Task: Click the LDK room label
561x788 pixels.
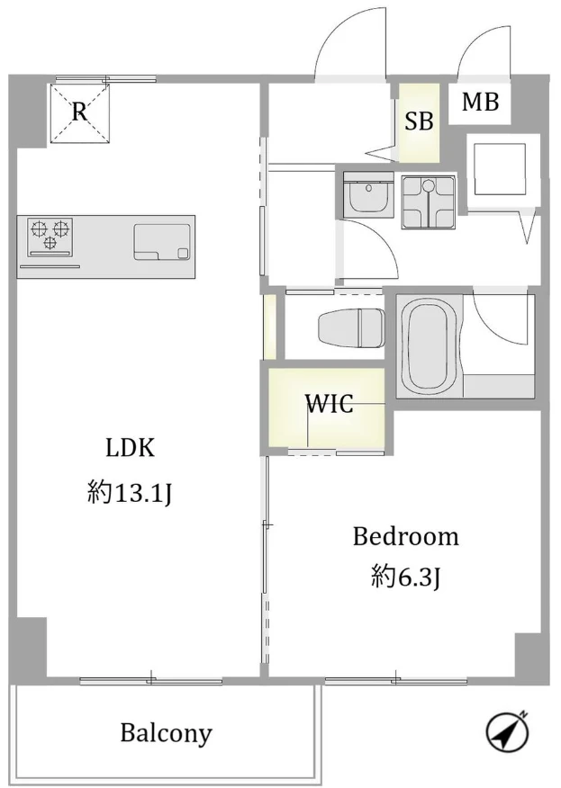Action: (x=130, y=447)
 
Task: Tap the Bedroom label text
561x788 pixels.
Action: (x=405, y=536)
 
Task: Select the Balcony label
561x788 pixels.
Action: (x=166, y=734)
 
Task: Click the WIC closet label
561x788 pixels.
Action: (x=330, y=403)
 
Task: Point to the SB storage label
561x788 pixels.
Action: (x=419, y=121)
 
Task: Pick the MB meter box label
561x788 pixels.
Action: (x=481, y=102)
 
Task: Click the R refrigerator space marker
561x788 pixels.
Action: (x=79, y=112)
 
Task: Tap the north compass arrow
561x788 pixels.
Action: (x=508, y=730)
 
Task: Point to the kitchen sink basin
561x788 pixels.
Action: (x=162, y=242)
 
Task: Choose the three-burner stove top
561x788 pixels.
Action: (x=50, y=237)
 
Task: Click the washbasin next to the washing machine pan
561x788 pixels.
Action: (x=368, y=195)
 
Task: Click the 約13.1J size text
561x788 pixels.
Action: (x=130, y=491)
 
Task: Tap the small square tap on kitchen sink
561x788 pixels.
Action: (x=183, y=254)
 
